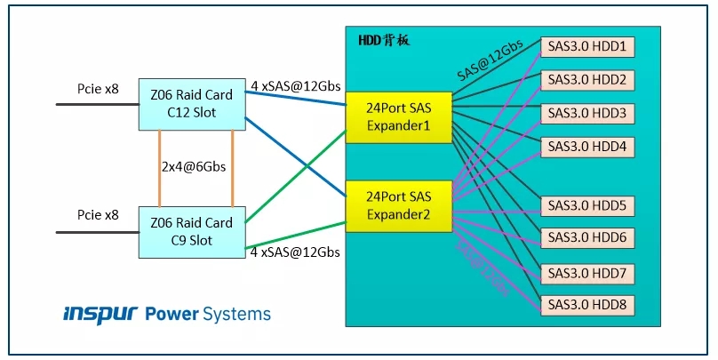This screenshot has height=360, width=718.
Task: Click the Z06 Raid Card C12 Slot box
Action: point(192,104)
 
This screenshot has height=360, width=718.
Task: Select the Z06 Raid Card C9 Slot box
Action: point(192,232)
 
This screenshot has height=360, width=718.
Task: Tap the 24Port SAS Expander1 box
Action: point(398,116)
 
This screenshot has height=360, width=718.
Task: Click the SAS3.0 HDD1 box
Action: point(587,47)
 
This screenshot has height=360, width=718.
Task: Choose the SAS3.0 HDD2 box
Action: point(587,81)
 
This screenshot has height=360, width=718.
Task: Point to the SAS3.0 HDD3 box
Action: point(587,114)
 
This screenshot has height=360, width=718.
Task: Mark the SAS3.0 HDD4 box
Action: point(587,147)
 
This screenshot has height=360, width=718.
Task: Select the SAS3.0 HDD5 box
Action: point(587,205)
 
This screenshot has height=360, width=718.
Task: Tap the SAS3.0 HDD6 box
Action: point(587,238)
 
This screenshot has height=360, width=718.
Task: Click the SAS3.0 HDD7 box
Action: point(587,272)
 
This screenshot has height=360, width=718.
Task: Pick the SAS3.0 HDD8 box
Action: point(587,305)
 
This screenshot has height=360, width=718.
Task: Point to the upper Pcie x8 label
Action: point(98,89)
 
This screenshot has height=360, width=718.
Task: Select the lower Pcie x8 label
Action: point(98,215)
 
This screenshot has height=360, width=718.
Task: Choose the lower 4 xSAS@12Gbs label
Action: point(295,252)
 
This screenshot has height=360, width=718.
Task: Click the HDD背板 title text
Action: point(383,41)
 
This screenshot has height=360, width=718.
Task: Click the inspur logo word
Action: point(99,314)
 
